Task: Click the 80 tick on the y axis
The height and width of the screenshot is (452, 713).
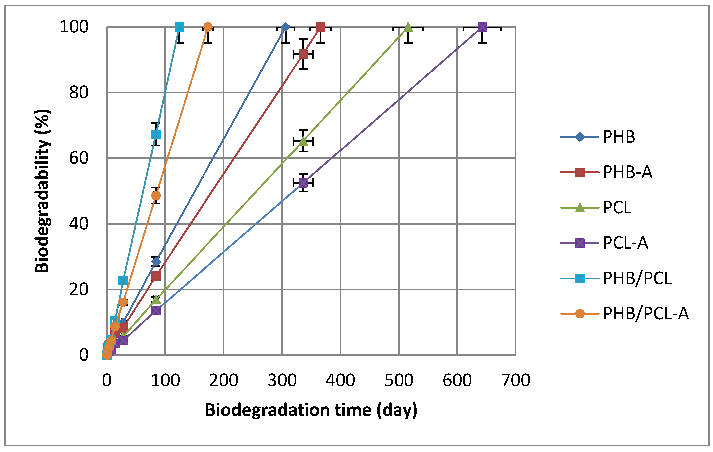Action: coord(79,93)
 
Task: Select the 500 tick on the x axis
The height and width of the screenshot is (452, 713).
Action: coord(399,380)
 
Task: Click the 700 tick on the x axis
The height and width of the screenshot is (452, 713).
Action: coord(515,380)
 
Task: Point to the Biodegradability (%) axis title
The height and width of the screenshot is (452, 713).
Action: coord(42,191)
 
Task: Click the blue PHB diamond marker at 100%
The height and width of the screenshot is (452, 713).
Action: coord(285,27)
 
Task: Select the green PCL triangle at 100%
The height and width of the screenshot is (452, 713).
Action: coord(408,27)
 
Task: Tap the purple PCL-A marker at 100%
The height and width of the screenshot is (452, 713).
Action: coord(482,27)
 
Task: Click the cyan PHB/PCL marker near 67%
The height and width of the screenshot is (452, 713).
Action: coord(156,134)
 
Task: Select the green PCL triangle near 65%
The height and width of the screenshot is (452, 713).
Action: coord(303,141)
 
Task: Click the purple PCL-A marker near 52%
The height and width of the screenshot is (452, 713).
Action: coord(303,183)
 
